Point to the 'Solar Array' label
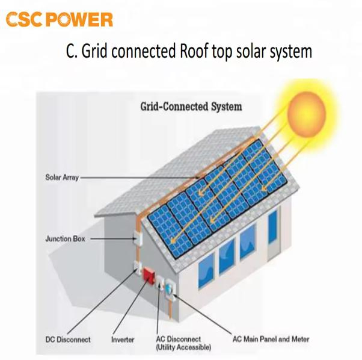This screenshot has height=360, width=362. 62,178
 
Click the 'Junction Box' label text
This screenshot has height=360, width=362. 66,239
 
